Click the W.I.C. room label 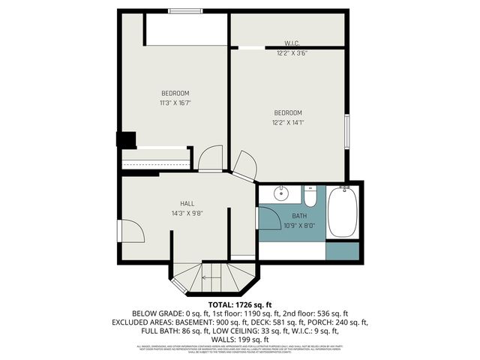292,43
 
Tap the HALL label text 187,203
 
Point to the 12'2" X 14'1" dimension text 288,122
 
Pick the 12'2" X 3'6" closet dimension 292,53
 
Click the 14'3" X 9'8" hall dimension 187,213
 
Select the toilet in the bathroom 310,196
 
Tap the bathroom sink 280,194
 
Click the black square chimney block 126,140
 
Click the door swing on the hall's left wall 130,230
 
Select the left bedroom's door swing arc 209,157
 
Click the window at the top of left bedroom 184,10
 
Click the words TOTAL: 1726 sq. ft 239,304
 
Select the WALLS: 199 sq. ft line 239,340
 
